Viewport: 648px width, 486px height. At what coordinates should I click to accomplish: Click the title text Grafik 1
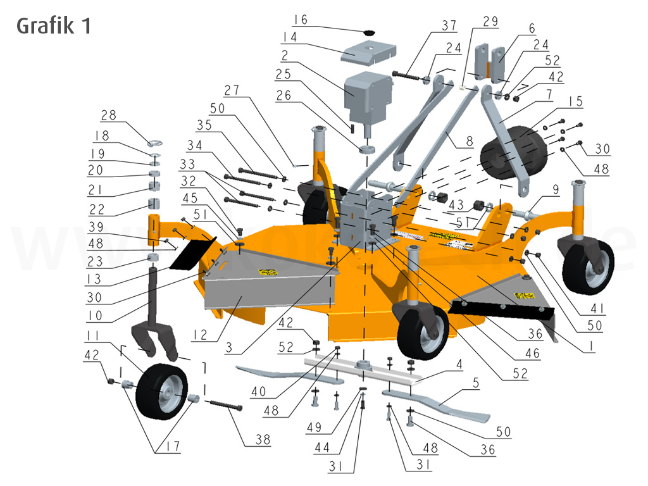(54, 26)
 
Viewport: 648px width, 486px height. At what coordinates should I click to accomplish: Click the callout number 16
(300, 20)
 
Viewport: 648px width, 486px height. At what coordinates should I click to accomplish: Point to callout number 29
(490, 22)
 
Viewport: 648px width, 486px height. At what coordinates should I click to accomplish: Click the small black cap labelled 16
(369, 32)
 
